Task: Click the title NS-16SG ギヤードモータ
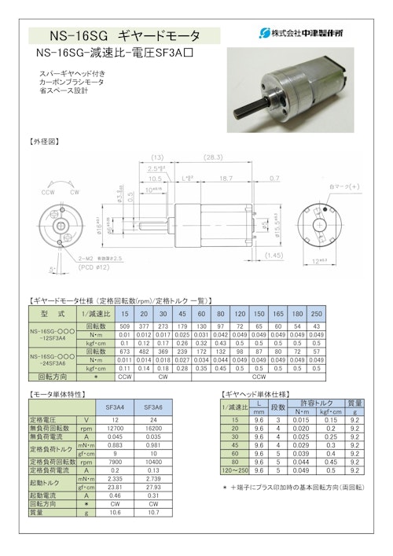click(x=124, y=35)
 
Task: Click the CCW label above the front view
click(x=50, y=191)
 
